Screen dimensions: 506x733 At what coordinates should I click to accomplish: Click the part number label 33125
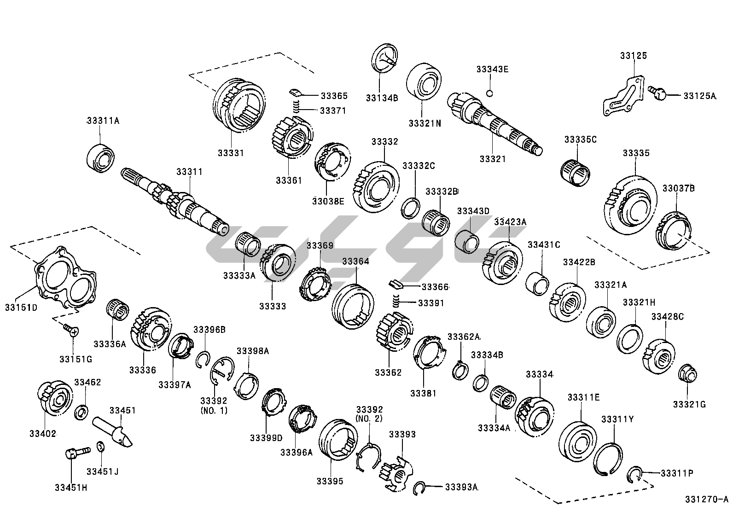pyautogui.click(x=633, y=56)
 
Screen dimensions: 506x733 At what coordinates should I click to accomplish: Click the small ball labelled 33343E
pyautogui.click(x=490, y=93)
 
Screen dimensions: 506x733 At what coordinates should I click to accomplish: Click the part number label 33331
pyautogui.click(x=231, y=153)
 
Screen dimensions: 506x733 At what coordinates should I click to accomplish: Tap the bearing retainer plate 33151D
pyautogui.click(x=67, y=279)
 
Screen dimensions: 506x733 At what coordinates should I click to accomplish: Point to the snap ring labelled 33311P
pyautogui.click(x=634, y=474)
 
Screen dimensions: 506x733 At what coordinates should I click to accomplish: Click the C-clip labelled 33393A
pyautogui.click(x=419, y=488)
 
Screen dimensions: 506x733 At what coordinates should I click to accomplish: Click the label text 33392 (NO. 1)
pyautogui.click(x=214, y=405)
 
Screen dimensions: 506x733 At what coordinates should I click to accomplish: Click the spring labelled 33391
pyautogui.click(x=396, y=302)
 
